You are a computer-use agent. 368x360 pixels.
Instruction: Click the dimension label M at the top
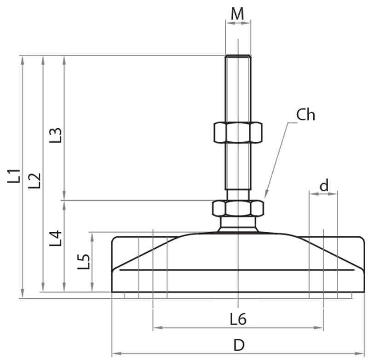coord(237,14)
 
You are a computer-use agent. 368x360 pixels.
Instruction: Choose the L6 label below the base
coord(238,319)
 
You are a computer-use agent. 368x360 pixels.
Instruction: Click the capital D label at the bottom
coord(238,345)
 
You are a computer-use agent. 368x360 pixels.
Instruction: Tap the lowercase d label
coord(324,185)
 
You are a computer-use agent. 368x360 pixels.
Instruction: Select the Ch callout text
coord(305,115)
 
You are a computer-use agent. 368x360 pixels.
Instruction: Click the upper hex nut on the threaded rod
coord(238,133)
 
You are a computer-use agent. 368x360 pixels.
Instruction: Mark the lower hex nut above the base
coord(238,208)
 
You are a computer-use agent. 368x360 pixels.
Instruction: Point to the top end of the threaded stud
coord(238,57)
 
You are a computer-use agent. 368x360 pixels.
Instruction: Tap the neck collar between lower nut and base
coord(238,224)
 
